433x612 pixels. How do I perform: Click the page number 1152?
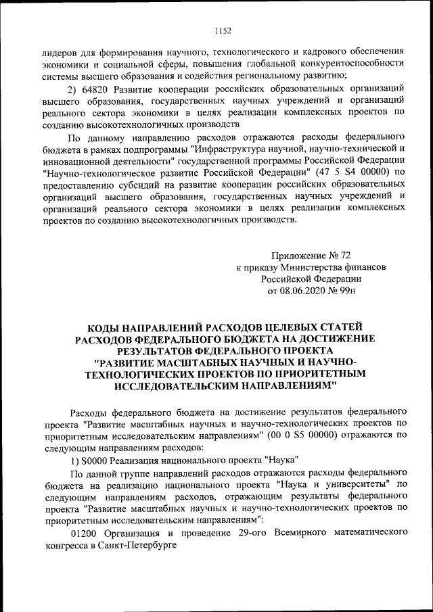point(223,30)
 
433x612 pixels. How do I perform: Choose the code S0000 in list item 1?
point(98,460)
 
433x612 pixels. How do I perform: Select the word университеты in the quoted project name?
point(362,484)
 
